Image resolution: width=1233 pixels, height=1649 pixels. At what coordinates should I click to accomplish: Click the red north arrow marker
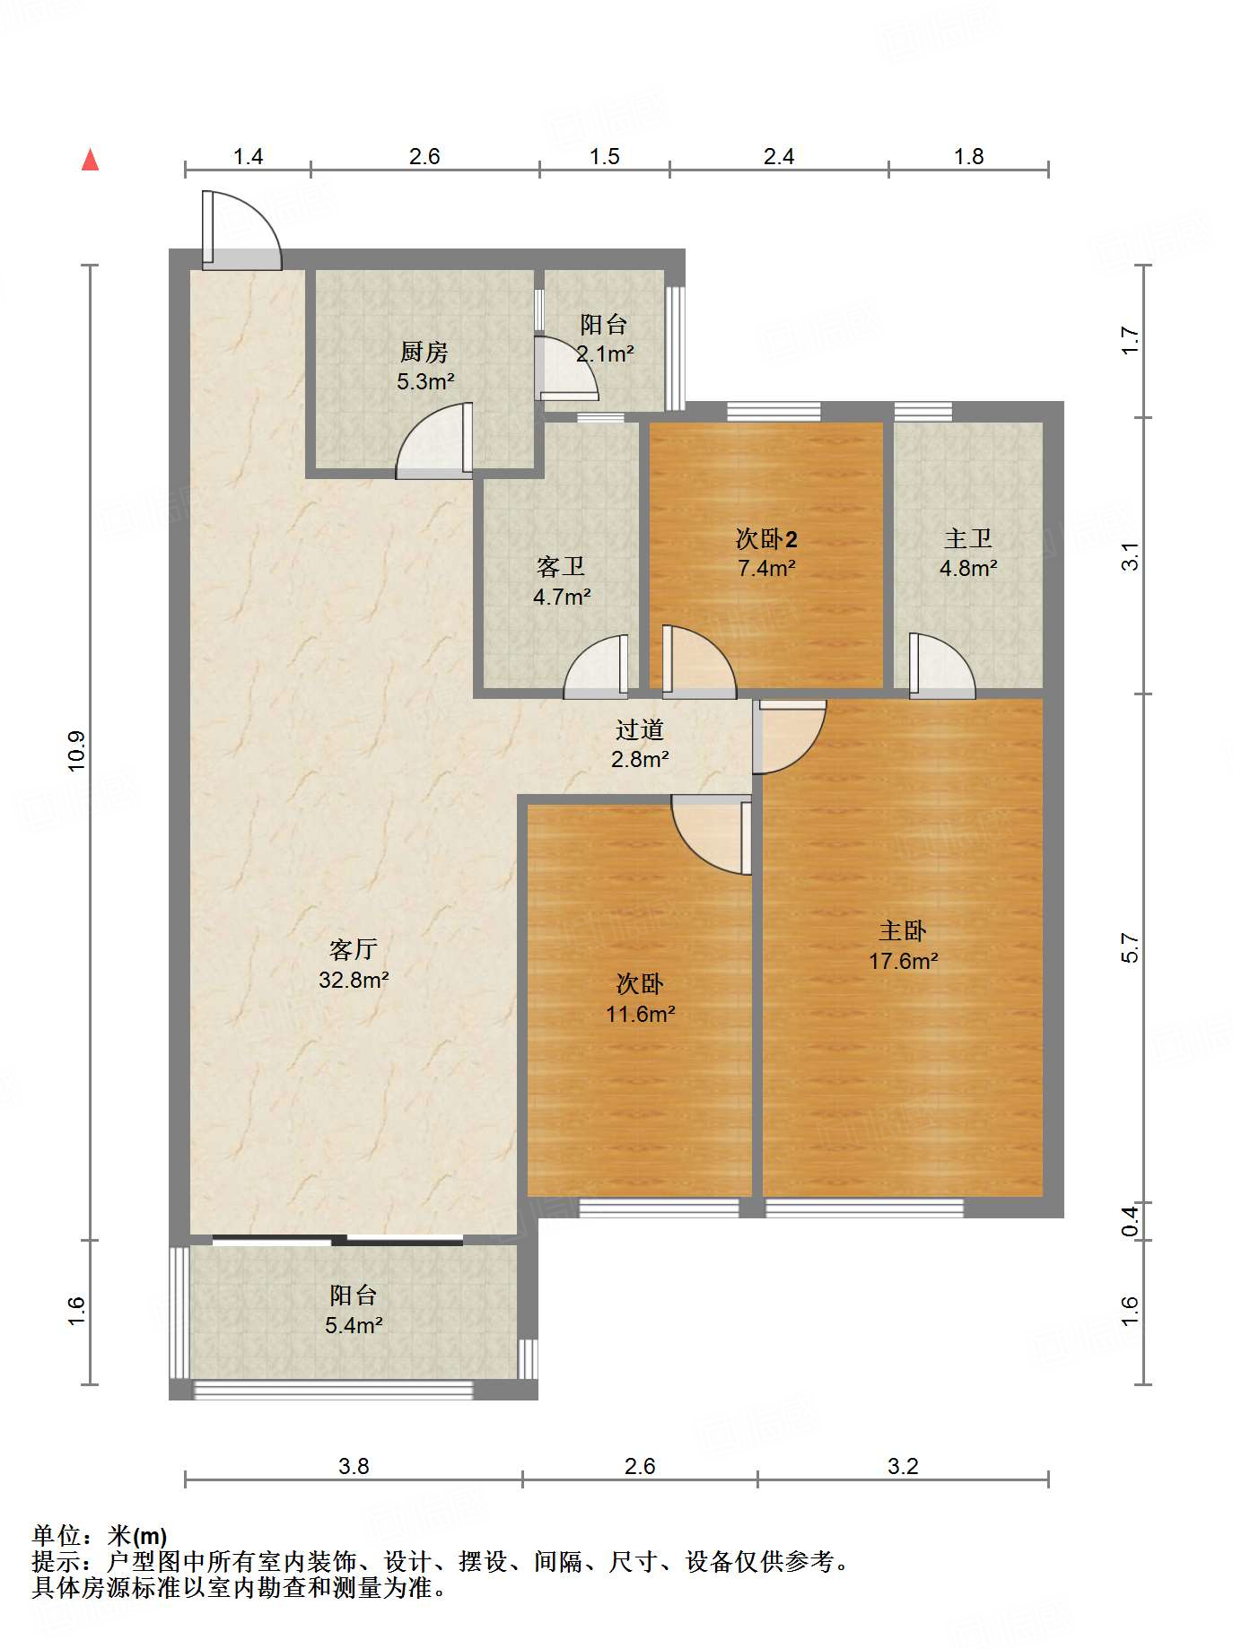pyautogui.click(x=91, y=160)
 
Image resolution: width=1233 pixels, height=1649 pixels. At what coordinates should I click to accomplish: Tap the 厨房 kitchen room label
pyautogui.click(x=424, y=352)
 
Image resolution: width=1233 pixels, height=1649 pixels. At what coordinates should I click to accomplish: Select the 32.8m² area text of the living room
pyautogui.click(x=354, y=980)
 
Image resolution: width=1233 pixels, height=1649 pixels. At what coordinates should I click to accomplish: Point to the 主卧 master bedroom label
pyautogui.click(x=903, y=930)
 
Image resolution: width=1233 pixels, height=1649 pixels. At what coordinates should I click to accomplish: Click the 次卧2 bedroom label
pyautogui.click(x=766, y=539)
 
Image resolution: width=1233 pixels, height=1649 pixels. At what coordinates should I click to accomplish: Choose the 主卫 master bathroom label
pyautogui.click(x=968, y=538)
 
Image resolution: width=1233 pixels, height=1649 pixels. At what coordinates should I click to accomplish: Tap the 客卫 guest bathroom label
pyautogui.click(x=561, y=566)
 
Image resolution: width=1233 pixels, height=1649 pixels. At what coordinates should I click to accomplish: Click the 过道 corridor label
pyautogui.click(x=640, y=729)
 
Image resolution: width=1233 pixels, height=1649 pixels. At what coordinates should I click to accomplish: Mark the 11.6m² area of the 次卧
pyautogui.click(x=640, y=1014)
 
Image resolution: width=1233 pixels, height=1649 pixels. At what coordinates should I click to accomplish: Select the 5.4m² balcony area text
pyautogui.click(x=354, y=1325)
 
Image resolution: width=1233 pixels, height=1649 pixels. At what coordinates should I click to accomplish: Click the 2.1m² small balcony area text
pyautogui.click(x=605, y=354)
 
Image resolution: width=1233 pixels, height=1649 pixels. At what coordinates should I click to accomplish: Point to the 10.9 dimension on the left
pyautogui.click(x=77, y=751)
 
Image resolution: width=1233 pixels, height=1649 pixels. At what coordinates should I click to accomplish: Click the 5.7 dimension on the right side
pyautogui.click(x=1131, y=948)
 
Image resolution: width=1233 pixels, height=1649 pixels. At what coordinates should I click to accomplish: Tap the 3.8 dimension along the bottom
pyautogui.click(x=354, y=1466)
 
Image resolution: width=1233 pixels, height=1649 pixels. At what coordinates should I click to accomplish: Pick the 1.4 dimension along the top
pyautogui.click(x=248, y=156)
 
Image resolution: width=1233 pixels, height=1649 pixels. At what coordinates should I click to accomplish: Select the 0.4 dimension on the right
pyautogui.click(x=1131, y=1221)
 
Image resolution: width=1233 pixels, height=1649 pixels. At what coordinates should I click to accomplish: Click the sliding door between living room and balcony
pyautogui.click(x=337, y=1241)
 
